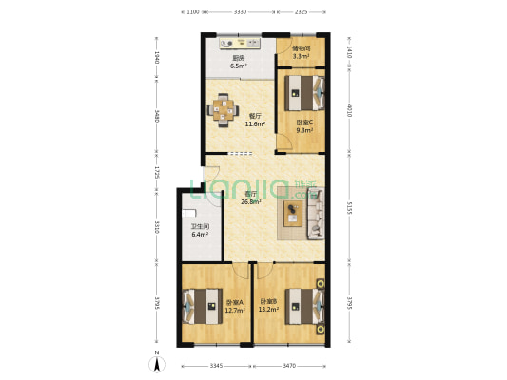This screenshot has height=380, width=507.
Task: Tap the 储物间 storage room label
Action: [x=301, y=48]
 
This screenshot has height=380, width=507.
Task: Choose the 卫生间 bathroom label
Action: [x=199, y=226]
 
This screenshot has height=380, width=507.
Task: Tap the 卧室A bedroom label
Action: [x=234, y=302]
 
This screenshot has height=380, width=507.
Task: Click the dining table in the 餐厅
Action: [x=225, y=108]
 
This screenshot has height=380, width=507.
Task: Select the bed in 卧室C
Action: [x=306, y=94]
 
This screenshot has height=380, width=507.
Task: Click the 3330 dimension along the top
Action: [x=241, y=11]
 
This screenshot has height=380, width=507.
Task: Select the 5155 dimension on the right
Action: [x=350, y=207]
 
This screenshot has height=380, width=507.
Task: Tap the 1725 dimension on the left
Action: [x=158, y=175]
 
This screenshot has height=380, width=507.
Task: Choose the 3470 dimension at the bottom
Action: [x=289, y=365]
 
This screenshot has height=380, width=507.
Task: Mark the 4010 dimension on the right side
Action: [x=350, y=110]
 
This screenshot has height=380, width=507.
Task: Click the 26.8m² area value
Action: [x=251, y=201]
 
